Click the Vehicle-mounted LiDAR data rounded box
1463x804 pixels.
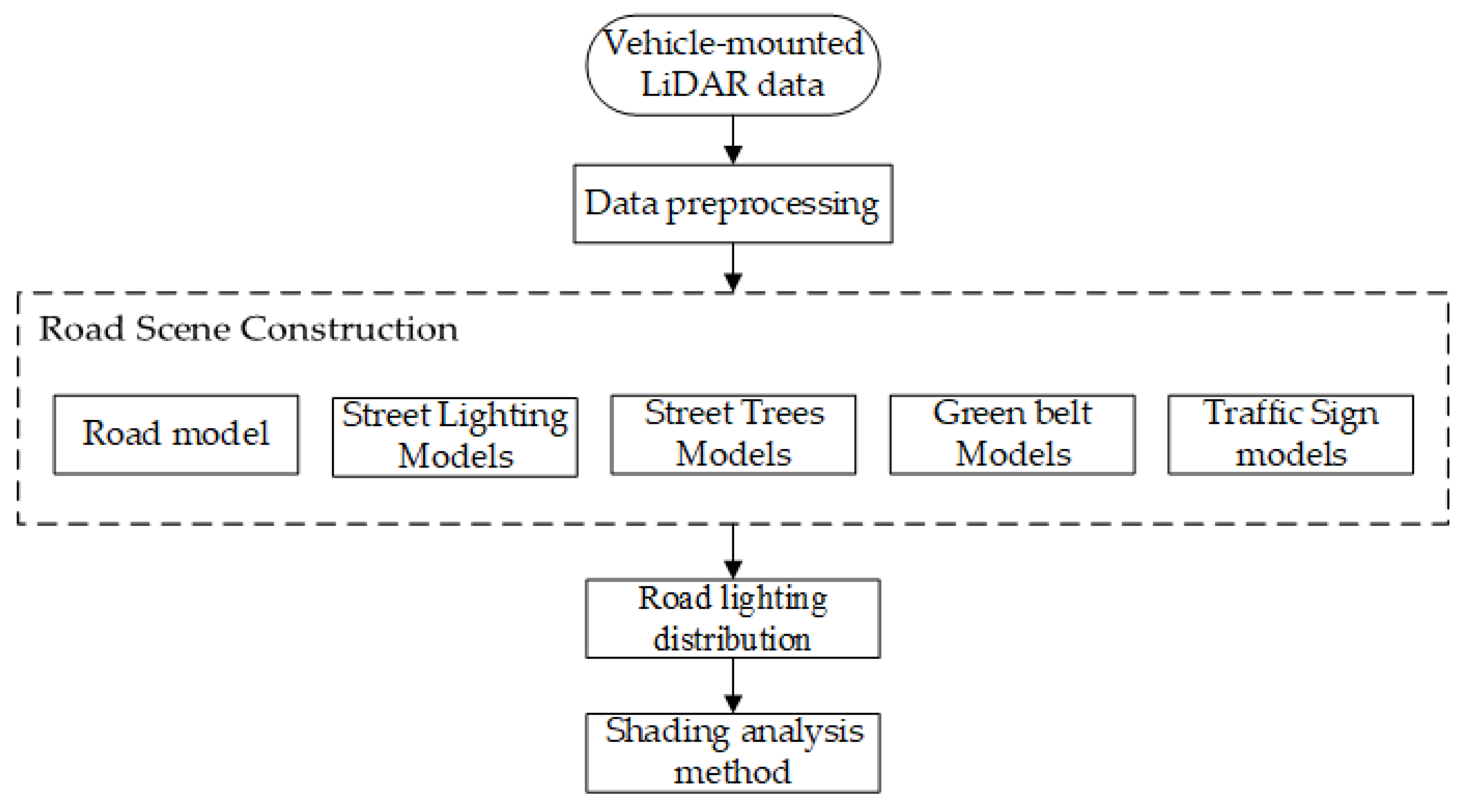pos(733,65)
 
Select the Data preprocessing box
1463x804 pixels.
pos(733,203)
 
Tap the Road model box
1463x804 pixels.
pos(176,434)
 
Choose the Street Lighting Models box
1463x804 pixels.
pos(455,436)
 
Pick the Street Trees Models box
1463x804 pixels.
pos(733,434)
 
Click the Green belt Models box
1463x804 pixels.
pos(1012,434)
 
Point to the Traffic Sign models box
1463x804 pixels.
pos(1290,434)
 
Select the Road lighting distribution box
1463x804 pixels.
pos(733,618)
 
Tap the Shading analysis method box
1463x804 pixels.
pos(733,752)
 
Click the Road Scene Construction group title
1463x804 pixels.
pos(248,329)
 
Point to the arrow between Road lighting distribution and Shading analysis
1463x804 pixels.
pos(733,685)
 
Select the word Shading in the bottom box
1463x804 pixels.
pos(665,732)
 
